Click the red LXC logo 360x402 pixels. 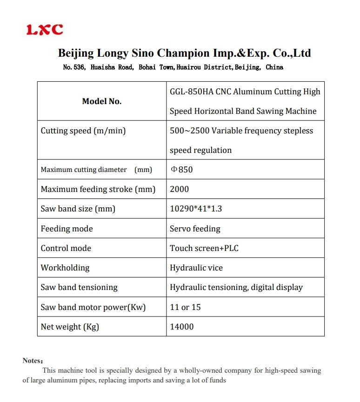tap(45, 30)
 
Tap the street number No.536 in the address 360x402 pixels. tap(74, 67)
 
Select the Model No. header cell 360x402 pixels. tap(102, 101)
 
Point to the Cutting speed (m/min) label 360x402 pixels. tap(83, 131)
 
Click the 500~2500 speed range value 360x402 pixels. tap(189, 131)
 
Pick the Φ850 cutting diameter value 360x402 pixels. tap(182, 170)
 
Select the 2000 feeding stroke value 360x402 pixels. tap(180, 189)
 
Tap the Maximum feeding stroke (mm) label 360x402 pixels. tap(98, 189)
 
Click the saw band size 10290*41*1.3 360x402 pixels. tap(196, 209)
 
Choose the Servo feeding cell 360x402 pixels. tap(195, 229)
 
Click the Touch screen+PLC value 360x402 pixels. tap(204, 248)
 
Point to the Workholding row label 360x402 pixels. tap(65, 268)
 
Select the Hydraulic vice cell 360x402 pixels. tap(196, 268)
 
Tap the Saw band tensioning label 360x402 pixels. tap(79, 287)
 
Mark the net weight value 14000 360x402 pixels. tap(182, 327)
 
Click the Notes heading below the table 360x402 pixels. tap(33, 361)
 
